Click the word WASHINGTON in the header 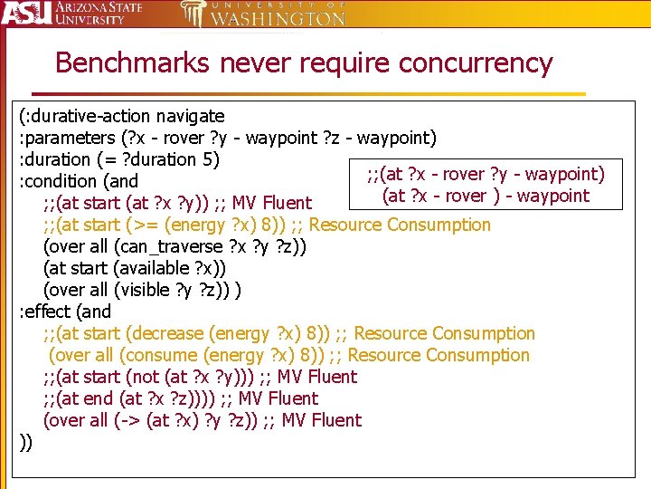click(x=277, y=18)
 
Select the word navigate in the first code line click(x=190, y=116)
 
